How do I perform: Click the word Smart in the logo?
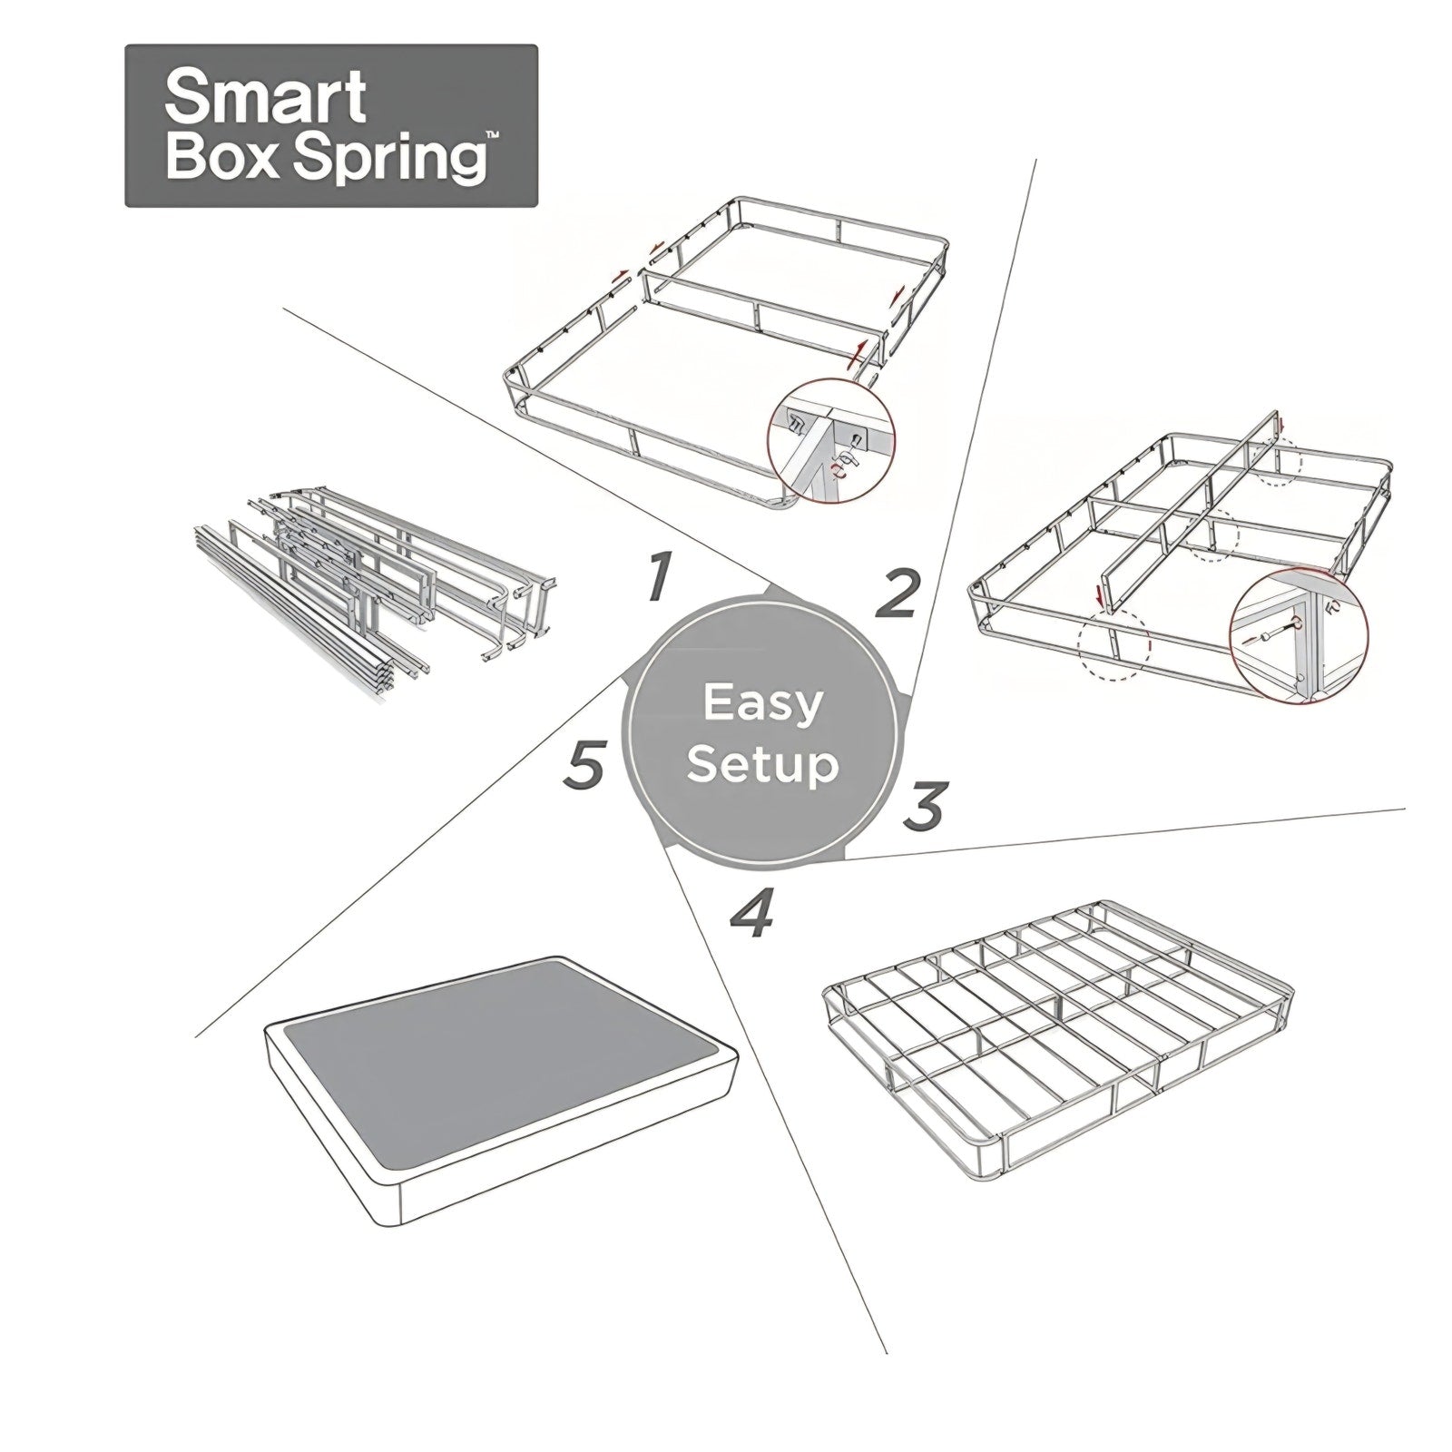coord(265,97)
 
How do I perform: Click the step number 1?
coord(662,577)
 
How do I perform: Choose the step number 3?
coord(926,806)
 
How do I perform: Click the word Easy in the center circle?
coord(763,704)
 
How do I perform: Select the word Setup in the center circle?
coord(762,764)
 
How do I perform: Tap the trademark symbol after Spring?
coord(491,135)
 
